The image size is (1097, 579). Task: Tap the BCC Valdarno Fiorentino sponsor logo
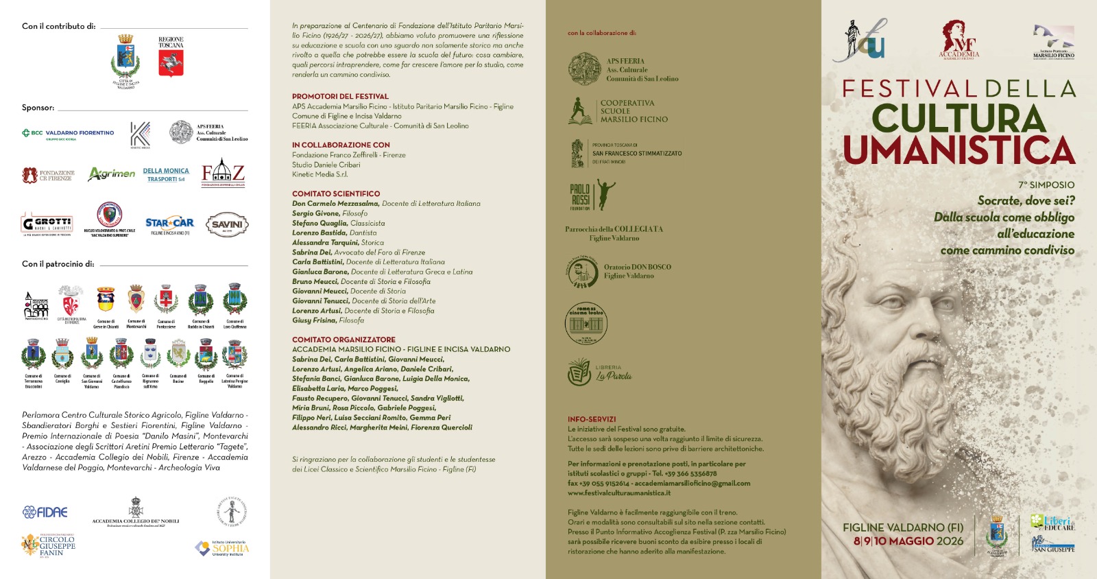point(68,133)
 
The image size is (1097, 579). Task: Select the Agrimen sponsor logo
point(111,174)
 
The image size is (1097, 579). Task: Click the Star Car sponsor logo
point(169,224)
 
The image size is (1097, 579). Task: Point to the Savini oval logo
point(227,224)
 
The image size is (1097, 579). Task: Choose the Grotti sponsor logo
point(47,224)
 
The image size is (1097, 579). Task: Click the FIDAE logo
point(45,512)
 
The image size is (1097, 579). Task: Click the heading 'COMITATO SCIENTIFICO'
point(336,194)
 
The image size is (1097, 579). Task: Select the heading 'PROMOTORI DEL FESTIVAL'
point(340,97)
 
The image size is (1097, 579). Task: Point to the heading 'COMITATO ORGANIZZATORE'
point(343,340)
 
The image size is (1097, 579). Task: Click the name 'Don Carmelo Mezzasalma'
point(335,204)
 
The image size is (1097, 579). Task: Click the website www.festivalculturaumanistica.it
point(619,493)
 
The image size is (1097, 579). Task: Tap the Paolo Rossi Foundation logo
point(592,196)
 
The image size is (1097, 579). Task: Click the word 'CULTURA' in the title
point(959,119)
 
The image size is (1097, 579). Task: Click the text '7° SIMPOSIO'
point(1046,185)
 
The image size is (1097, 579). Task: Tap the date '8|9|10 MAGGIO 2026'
point(908,541)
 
